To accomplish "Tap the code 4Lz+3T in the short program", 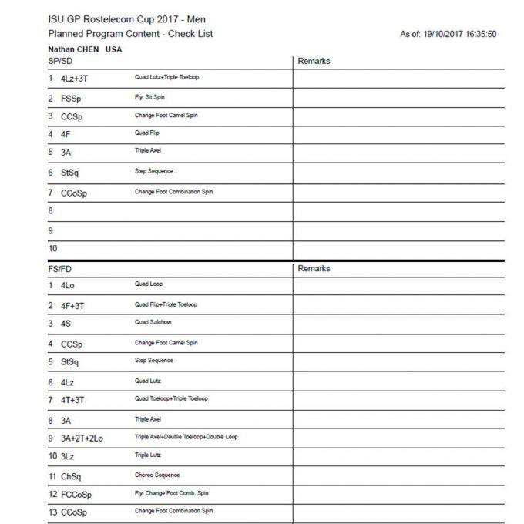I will coord(74,79).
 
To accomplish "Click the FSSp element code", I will coord(72,99).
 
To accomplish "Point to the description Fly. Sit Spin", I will coord(149,98).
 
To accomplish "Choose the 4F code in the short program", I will coord(65,134).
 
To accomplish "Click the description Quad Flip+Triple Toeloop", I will coord(166,304).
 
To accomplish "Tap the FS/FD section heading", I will coord(60,269).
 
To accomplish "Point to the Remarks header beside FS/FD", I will coord(314,269).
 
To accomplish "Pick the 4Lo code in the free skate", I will coord(68,285).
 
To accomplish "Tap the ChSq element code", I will coord(72,476).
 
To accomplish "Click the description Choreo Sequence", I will coord(157,475).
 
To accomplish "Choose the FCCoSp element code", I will coord(76,495).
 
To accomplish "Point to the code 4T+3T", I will coord(73,400).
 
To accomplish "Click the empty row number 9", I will coord(50,230).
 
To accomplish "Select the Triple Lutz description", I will coord(148,455).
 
